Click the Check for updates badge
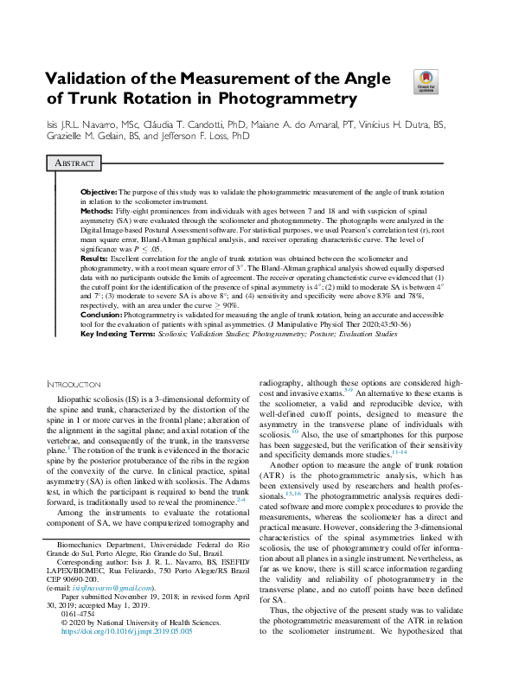coord(426,83)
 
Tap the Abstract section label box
coord(76,163)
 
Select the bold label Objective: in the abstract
coord(98,190)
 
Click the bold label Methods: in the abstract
coord(96,210)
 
